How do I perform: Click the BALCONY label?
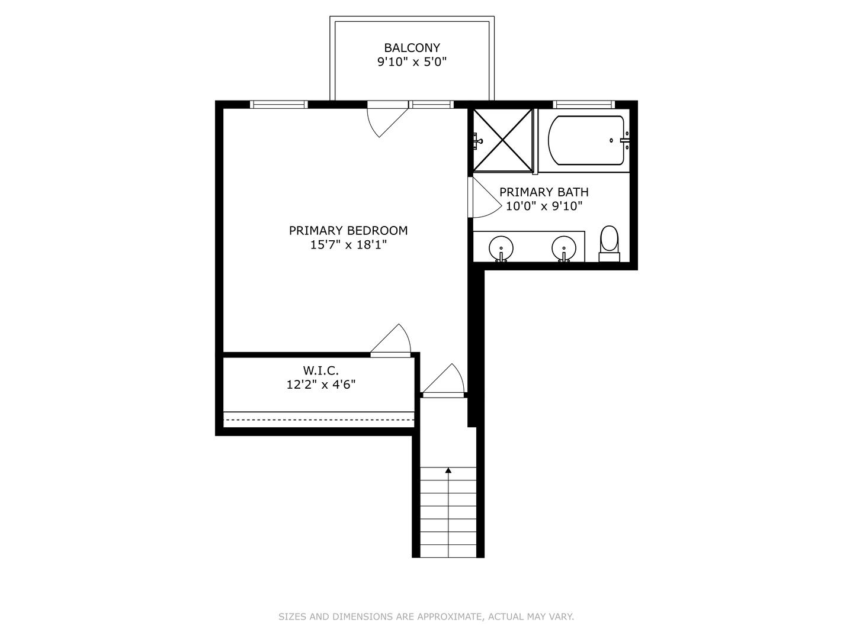tap(412, 48)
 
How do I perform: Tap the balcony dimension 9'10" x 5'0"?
tap(412, 62)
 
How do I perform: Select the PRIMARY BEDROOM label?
tap(348, 231)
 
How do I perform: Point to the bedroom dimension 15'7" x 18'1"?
tap(348, 244)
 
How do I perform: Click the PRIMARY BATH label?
tap(544, 192)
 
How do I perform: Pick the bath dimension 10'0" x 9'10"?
tap(544, 206)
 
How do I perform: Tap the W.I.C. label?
tap(320, 371)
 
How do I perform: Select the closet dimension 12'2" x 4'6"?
tap(320, 385)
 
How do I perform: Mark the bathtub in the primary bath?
tap(586, 141)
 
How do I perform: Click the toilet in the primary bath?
tap(609, 243)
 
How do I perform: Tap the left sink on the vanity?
tap(501, 246)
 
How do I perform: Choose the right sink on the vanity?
tap(564, 246)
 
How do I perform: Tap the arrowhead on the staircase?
tap(448, 470)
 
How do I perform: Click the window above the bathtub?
tap(583, 105)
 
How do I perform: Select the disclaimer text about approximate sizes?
tap(426, 617)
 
